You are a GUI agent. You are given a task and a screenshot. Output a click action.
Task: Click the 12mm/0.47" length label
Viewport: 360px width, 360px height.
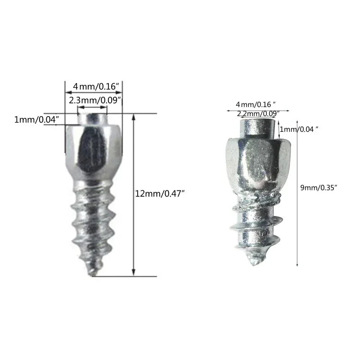160,193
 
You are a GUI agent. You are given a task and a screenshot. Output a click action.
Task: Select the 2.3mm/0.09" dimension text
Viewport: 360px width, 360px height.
95,100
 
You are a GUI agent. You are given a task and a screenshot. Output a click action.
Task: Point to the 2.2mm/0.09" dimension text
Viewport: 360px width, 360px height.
258,113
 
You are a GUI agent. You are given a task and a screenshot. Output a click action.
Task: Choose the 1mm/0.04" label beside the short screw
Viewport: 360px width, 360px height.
299,129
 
